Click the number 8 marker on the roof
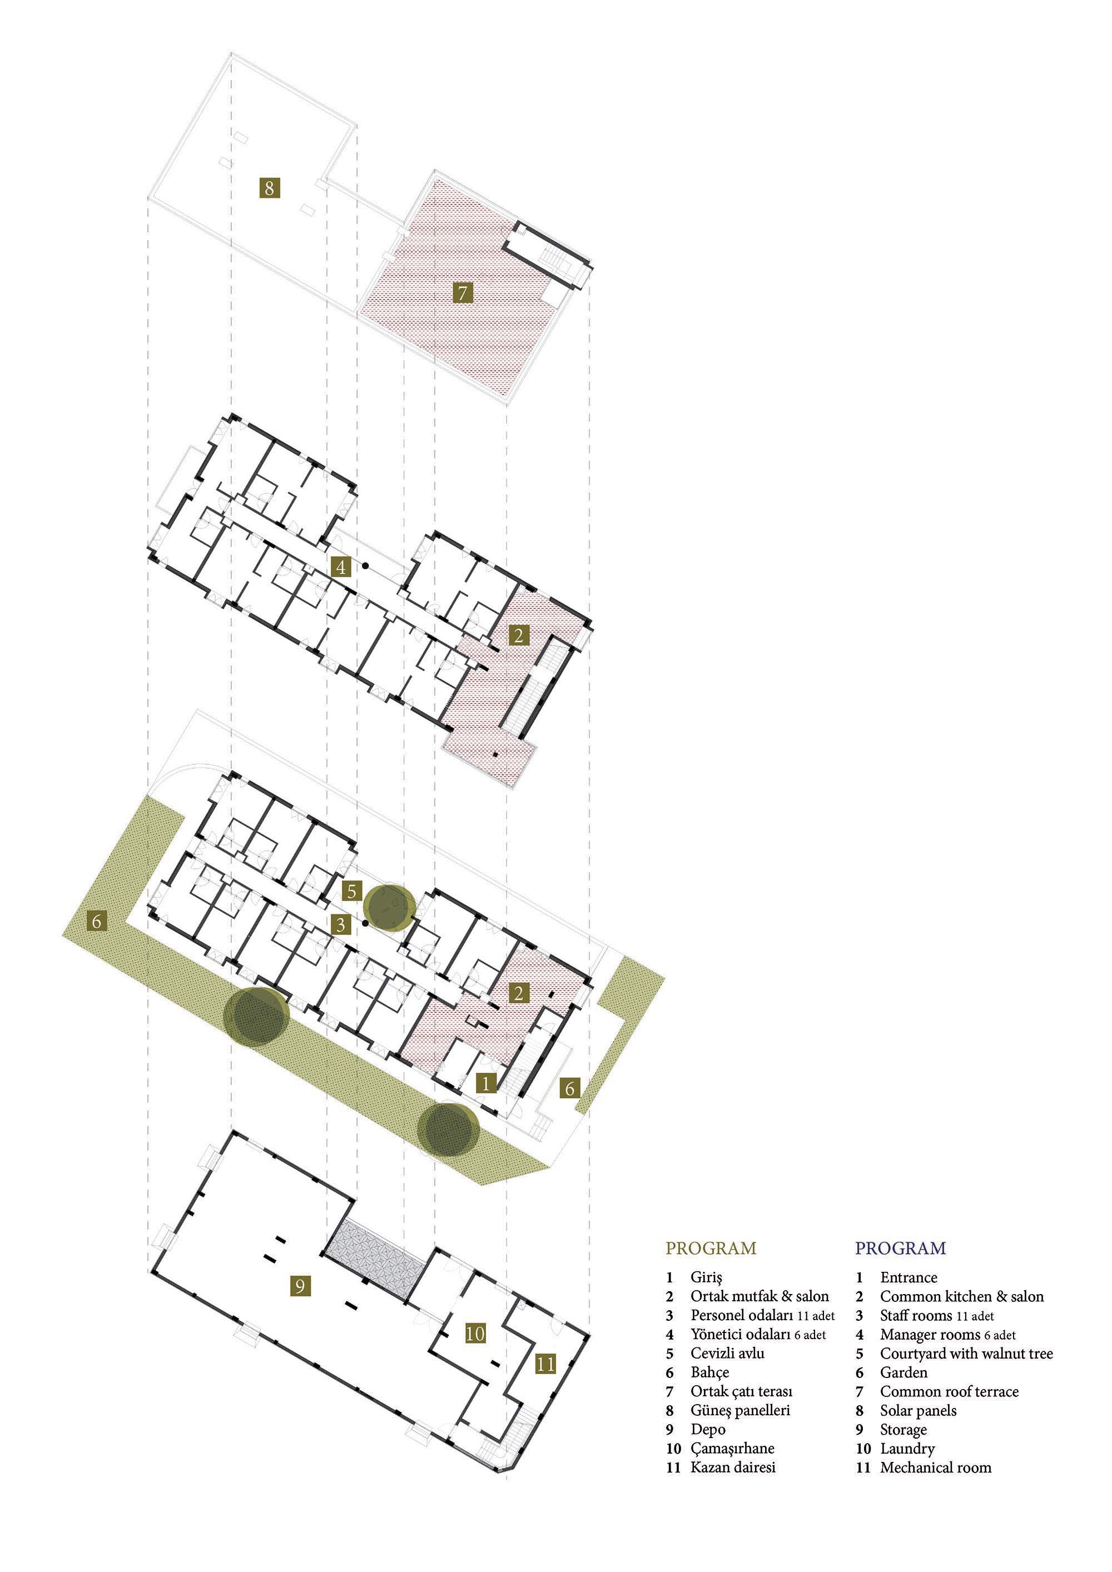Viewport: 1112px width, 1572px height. pyautogui.click(x=270, y=187)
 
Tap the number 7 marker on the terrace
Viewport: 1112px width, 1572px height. pyautogui.click(x=463, y=293)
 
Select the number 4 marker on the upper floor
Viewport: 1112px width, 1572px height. pyautogui.click(x=340, y=566)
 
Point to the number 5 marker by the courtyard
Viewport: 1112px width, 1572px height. pyautogui.click(x=352, y=891)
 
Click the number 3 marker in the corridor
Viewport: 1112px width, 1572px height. pyautogui.click(x=340, y=924)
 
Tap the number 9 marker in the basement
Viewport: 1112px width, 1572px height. pyautogui.click(x=299, y=1286)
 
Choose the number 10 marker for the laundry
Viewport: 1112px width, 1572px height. pyautogui.click(x=475, y=1333)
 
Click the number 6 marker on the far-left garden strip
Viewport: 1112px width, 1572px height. pyautogui.click(x=97, y=921)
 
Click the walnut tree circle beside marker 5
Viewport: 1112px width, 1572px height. pyautogui.click(x=389, y=908)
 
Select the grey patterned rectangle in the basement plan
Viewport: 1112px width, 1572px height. pyautogui.click(x=374, y=1258)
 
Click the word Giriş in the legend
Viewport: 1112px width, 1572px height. pyautogui.click(x=707, y=1277)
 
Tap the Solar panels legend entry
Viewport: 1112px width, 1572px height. pyautogui.click(x=918, y=1410)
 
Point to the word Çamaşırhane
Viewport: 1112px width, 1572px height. pyautogui.click(x=732, y=1448)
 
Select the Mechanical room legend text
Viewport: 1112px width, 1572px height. pyautogui.click(x=935, y=1467)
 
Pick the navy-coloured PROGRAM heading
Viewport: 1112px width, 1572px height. pyautogui.click(x=900, y=1248)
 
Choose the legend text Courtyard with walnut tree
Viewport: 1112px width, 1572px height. pyautogui.click(x=966, y=1354)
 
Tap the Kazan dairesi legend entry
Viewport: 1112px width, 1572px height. pyautogui.click(x=733, y=1467)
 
